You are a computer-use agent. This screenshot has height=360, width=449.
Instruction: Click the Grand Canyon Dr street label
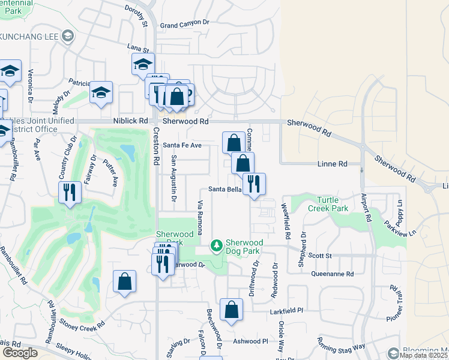point(184,25)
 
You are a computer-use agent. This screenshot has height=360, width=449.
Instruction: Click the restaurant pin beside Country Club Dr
point(70,193)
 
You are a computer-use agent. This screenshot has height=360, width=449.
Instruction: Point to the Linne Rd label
point(333,164)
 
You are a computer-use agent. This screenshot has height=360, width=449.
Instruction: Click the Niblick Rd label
point(130,121)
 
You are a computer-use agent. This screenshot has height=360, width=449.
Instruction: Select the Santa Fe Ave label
point(182,145)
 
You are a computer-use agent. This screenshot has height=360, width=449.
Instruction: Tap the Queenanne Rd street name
point(333,274)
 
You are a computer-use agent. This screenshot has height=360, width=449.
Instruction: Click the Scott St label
point(320,256)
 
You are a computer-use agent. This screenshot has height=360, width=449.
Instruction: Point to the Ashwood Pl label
point(251,341)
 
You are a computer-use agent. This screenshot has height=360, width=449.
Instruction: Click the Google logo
point(20,353)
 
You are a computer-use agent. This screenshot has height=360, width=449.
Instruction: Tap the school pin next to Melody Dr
point(101,93)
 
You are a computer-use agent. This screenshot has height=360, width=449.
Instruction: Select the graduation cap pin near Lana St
point(143,64)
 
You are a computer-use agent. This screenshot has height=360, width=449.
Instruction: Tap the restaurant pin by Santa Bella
point(254,184)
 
